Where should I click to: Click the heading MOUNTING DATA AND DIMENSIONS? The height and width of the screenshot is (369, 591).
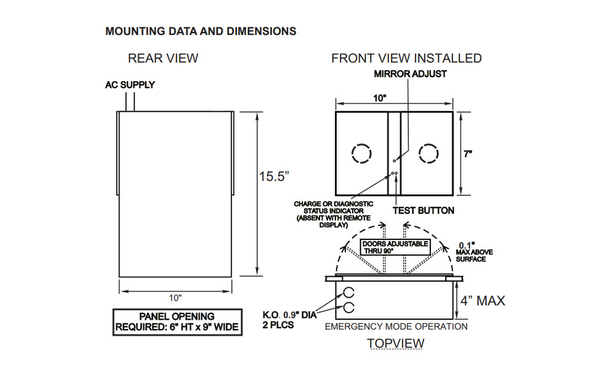[x=201, y=31]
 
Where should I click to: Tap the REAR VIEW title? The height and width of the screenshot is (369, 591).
[x=163, y=58]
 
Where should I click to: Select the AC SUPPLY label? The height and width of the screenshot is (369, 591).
[x=129, y=85]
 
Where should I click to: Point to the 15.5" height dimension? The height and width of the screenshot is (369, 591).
[x=274, y=176]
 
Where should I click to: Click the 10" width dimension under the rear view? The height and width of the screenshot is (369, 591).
[x=176, y=298]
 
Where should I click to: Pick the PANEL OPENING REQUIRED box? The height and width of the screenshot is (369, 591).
[x=177, y=322]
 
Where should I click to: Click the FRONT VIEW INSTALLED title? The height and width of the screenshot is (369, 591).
[x=406, y=58]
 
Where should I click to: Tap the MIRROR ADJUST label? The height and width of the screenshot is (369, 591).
[x=411, y=74]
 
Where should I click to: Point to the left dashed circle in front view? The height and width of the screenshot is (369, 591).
[x=361, y=153]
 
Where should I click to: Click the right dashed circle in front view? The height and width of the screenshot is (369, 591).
[x=428, y=153]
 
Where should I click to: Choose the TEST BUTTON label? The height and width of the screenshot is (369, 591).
[x=424, y=210]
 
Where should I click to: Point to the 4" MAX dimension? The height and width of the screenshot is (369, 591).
[x=483, y=301]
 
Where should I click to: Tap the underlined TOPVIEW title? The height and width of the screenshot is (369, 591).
[x=395, y=343]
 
